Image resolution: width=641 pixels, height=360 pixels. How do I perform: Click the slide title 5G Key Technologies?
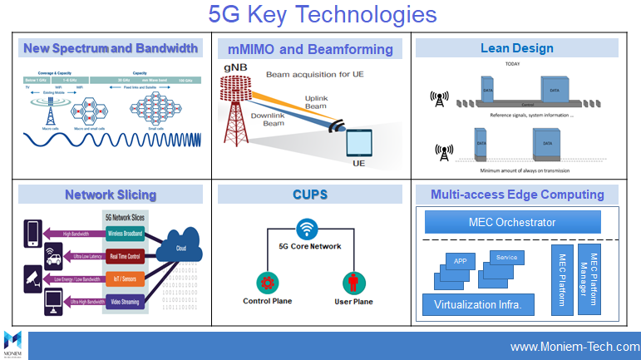(x=322, y=15)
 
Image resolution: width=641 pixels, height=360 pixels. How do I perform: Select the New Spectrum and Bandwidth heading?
(x=110, y=48)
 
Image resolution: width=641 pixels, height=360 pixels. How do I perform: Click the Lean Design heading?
(x=516, y=48)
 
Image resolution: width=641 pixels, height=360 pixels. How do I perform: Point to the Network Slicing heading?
(x=111, y=195)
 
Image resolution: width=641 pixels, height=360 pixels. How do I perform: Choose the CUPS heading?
(x=310, y=195)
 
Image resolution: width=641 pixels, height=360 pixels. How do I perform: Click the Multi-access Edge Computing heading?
(x=517, y=195)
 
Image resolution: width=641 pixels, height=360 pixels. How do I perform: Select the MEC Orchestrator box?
(x=512, y=222)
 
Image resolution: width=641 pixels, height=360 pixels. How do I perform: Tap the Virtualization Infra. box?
(x=477, y=304)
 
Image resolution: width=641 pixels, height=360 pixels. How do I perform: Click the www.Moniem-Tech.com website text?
(x=574, y=346)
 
